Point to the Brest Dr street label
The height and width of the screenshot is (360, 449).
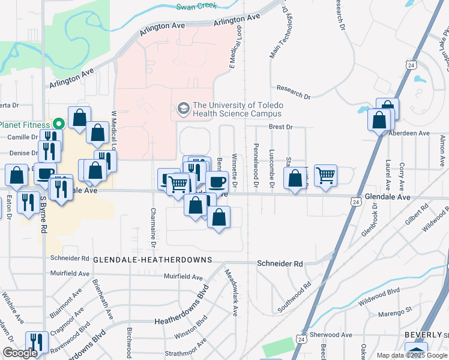(x=280, y=127)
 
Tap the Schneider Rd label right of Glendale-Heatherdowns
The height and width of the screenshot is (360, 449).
(x=280, y=264)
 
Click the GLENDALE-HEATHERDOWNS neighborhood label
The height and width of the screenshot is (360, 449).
(x=152, y=260)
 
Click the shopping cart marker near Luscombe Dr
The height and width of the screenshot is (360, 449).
(x=325, y=175)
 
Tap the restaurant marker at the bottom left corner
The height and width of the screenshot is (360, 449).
(x=35, y=343)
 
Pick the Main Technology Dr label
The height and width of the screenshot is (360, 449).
(x=280, y=37)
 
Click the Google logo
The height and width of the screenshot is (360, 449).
(x=19, y=353)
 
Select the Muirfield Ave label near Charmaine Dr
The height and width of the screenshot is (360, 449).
(x=183, y=277)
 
